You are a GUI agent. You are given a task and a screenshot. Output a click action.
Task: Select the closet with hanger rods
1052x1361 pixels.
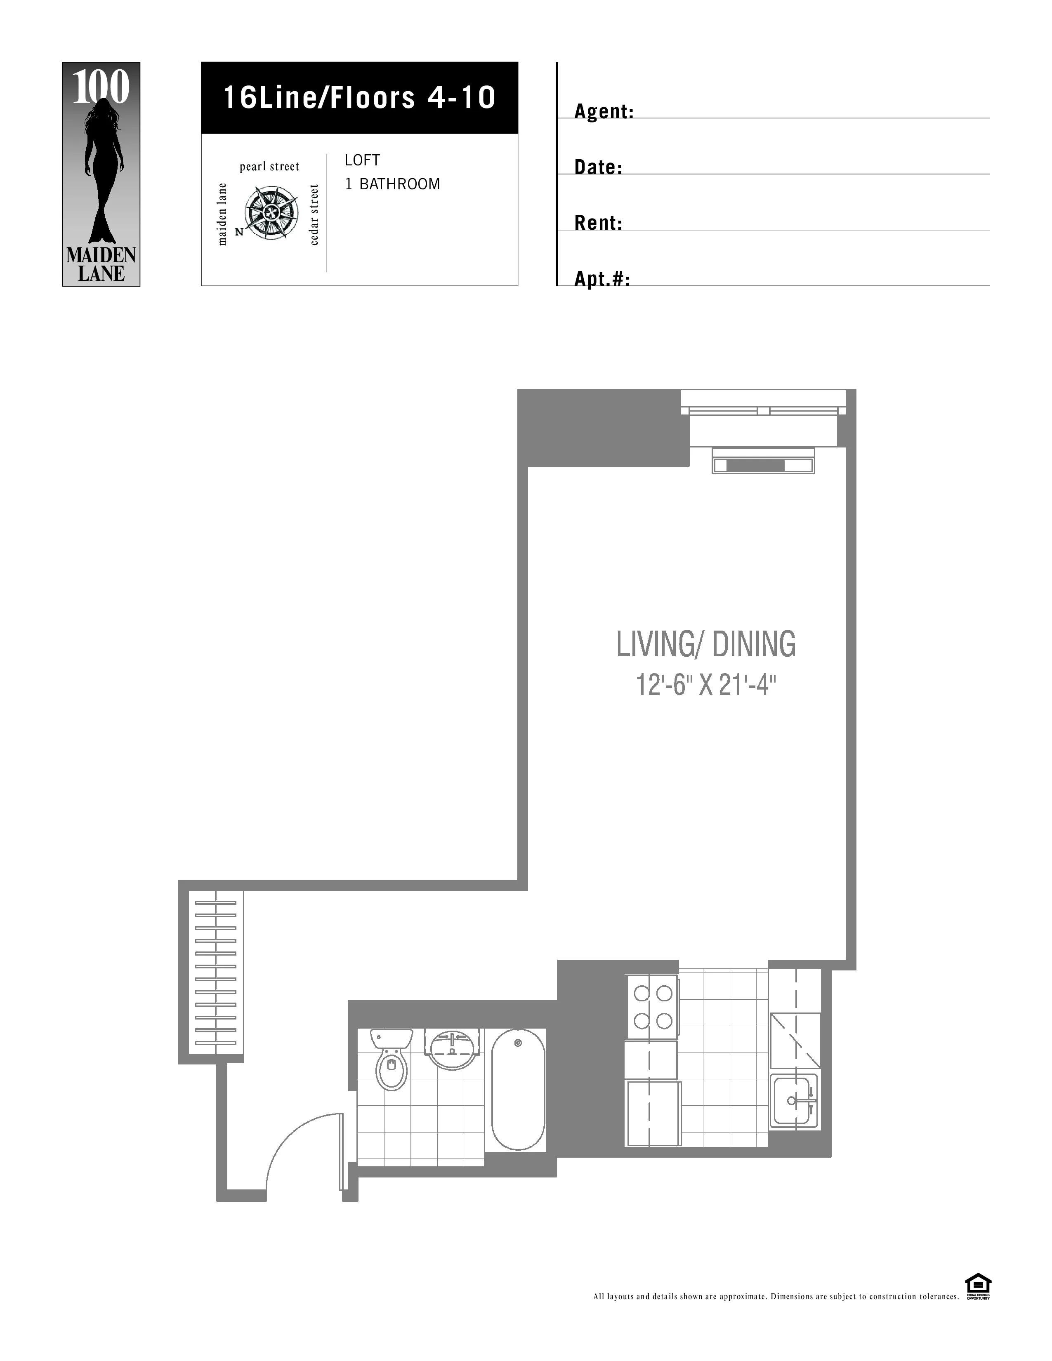pyautogui.click(x=216, y=973)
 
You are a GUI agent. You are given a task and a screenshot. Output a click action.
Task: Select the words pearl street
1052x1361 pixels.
pyautogui.click(x=269, y=166)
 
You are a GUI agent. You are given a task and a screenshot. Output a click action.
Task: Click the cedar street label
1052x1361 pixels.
pyautogui.click(x=315, y=214)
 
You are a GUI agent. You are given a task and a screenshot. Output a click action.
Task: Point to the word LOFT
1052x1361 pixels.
pyautogui.click(x=362, y=160)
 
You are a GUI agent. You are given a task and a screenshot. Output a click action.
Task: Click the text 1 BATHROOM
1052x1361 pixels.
pyautogui.click(x=393, y=184)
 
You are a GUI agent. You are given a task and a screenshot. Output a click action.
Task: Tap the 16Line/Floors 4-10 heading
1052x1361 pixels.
pyautogui.click(x=360, y=98)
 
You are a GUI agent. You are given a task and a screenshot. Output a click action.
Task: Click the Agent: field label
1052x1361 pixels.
pyautogui.click(x=603, y=111)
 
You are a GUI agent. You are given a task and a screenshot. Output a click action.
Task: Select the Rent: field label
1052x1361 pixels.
pyautogui.click(x=598, y=223)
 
